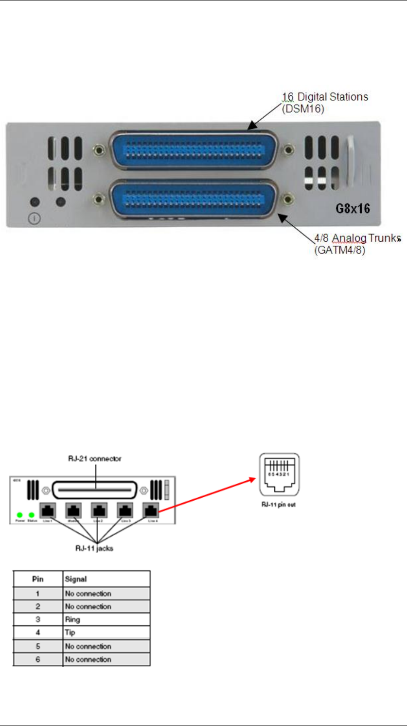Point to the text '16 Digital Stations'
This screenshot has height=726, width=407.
(325, 97)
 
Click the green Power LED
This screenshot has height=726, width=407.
(20, 514)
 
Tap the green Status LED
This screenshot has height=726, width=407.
(32, 514)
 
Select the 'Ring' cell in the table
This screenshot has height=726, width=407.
(72, 620)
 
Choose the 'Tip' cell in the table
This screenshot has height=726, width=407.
(70, 633)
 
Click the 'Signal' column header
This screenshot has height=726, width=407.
(76, 580)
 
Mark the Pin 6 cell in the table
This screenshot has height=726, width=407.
(37, 659)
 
